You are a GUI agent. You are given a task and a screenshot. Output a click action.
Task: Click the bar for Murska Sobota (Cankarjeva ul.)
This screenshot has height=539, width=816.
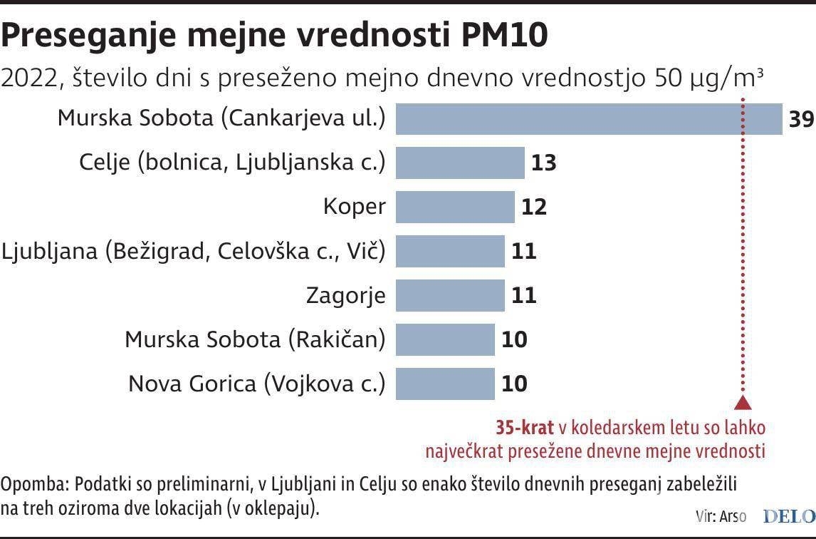coord(588,119)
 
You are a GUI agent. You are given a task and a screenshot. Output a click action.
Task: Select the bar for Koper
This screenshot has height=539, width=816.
coord(455,207)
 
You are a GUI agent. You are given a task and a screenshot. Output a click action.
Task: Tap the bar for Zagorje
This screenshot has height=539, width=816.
coord(450,294)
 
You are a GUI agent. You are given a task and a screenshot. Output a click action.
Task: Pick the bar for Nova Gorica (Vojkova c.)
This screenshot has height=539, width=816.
coord(445,383)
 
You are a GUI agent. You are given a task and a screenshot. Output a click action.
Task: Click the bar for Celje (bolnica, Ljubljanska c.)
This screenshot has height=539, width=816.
coord(460,163)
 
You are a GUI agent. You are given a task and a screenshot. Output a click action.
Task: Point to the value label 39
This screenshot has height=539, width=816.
coord(801,119)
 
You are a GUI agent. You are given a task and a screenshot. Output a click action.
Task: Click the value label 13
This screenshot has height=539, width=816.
coord(544,163)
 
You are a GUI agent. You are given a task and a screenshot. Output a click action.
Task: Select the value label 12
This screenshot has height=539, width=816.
coord(534,207)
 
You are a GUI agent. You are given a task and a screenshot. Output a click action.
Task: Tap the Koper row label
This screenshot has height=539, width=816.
coord(354,207)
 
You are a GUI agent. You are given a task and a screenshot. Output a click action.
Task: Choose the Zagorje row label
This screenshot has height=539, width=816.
coord(345,295)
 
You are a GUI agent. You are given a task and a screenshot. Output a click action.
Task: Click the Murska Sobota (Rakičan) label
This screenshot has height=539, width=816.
coord(255,339)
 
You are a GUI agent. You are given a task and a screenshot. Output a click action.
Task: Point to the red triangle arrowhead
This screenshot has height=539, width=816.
coord(743,403)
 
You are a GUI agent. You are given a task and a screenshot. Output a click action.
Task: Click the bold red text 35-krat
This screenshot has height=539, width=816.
coord(525,428)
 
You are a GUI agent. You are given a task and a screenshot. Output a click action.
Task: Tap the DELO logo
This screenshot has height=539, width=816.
coord(789,515)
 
